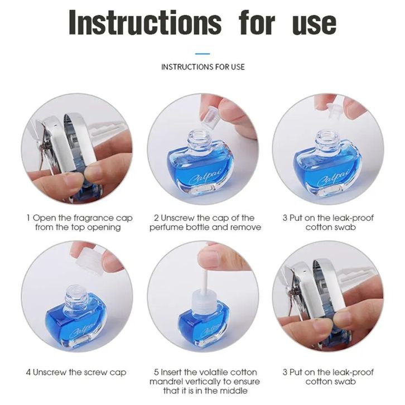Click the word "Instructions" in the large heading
tap(145, 22)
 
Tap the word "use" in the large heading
tap(314, 24)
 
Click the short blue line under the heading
tap(202, 54)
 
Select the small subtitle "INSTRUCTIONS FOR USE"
tap(202, 67)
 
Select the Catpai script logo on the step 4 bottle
tap(82, 329)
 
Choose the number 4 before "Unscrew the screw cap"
tap(28, 372)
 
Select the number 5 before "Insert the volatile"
tap(156, 372)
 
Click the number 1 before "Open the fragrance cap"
tap(28, 218)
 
